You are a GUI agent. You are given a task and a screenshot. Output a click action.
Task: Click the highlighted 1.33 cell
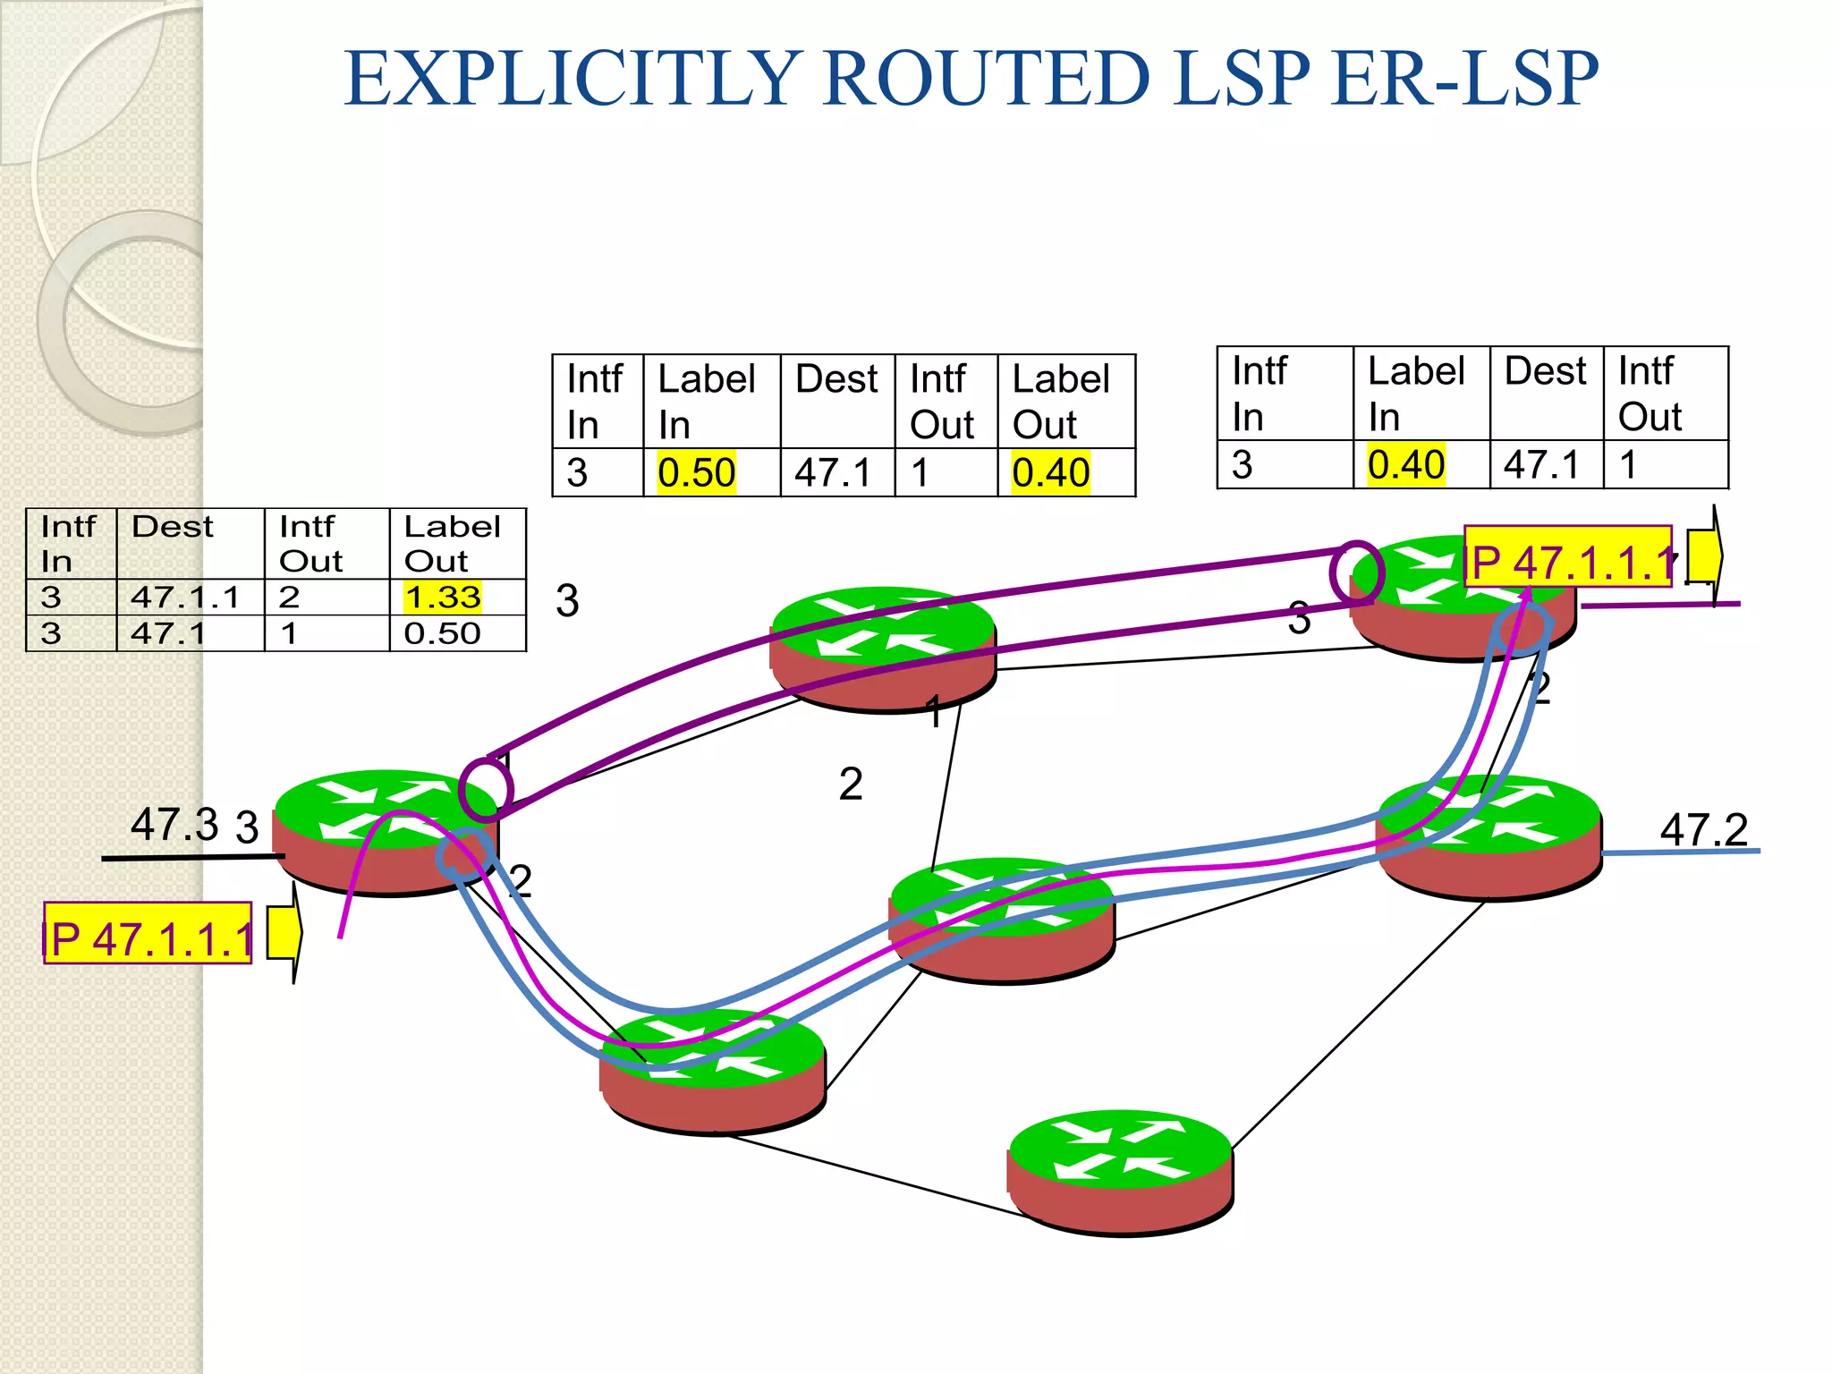click(443, 597)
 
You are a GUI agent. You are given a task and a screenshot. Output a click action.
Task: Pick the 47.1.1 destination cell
click(185, 597)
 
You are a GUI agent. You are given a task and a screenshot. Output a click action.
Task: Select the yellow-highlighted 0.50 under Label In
click(696, 472)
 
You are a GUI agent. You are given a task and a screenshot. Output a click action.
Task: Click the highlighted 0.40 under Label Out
click(1050, 472)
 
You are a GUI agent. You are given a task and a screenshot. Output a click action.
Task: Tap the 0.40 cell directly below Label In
click(1405, 464)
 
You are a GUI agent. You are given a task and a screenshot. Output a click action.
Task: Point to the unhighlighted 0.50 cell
click(443, 633)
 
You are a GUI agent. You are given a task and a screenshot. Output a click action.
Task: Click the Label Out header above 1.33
click(452, 543)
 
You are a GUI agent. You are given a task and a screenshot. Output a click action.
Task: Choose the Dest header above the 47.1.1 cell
click(173, 527)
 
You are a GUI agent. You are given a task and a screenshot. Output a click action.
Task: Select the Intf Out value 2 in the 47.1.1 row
click(289, 597)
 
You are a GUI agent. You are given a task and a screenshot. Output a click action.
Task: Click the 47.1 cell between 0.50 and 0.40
click(833, 472)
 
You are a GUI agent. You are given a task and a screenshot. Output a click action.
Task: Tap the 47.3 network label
click(174, 824)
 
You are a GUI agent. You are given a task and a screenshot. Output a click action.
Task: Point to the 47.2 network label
click(1703, 830)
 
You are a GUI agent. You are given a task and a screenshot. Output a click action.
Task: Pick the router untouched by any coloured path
click(1121, 1172)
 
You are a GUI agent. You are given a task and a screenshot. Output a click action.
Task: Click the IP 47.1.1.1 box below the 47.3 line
click(148, 934)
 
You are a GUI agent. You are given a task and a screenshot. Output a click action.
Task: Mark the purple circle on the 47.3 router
click(486, 789)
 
